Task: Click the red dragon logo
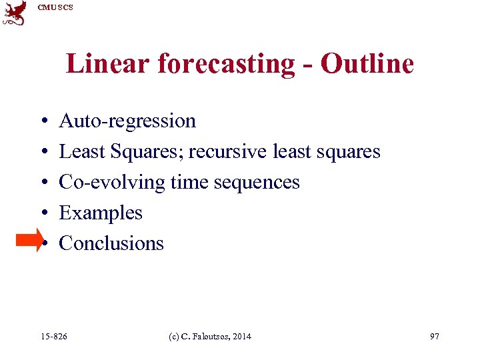(15, 13)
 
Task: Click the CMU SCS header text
(55, 7)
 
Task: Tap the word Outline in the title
(367, 64)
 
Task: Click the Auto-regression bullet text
(127, 121)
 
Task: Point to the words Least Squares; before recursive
(121, 151)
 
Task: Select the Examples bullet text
(101, 213)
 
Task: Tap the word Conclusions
(111, 243)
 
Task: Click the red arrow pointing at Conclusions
(29, 241)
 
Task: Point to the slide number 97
(435, 337)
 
